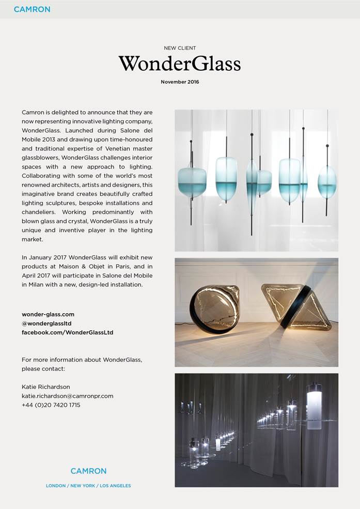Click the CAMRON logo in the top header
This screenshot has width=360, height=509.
click(32, 9)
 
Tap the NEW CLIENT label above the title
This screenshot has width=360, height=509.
click(180, 48)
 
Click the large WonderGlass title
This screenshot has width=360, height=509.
click(180, 64)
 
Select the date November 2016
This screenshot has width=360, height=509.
click(180, 82)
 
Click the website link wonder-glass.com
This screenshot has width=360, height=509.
click(48, 314)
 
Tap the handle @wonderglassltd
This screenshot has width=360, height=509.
click(46, 323)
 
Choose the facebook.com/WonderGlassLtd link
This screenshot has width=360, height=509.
click(67, 333)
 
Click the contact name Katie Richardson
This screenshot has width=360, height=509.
click(46, 387)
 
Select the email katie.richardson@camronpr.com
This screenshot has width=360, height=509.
click(67, 396)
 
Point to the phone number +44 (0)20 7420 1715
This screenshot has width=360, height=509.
click(51, 405)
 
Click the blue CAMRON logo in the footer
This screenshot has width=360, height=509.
click(88, 471)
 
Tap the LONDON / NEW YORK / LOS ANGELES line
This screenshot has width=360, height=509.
click(88, 486)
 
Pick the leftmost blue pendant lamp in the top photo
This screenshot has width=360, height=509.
click(192, 182)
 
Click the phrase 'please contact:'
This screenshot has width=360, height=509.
click(43, 369)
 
